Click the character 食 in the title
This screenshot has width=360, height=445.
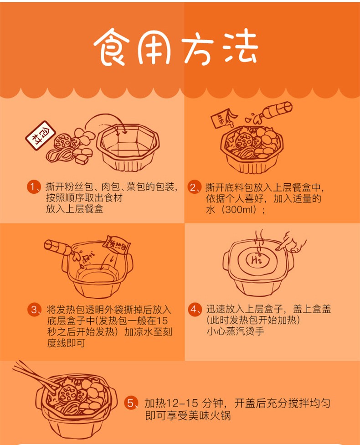click(112, 47)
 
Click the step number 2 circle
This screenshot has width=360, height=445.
click(194, 187)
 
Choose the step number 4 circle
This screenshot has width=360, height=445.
click(194, 309)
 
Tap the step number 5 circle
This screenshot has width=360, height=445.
click(130, 403)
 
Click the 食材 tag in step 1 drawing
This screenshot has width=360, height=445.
click(41, 135)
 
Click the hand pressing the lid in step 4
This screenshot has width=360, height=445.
click(292, 243)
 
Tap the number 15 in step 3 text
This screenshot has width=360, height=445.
click(162, 321)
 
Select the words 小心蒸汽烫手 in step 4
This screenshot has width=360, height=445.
click(236, 331)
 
